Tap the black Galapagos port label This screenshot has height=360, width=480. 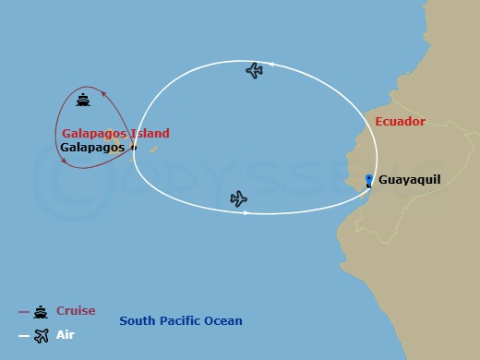pos(92,147)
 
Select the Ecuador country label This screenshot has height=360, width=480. pos(400,122)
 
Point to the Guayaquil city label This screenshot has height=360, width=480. pos(415,182)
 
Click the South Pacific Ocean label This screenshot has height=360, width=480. pos(181,321)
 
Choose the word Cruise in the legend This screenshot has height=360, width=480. pos(76,311)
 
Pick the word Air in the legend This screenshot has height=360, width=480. pos(66,335)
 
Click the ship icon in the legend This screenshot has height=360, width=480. pos(41,312)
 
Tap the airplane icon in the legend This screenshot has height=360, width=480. pos(42,336)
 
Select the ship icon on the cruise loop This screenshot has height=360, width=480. pos(83,101)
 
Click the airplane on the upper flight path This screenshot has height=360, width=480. pos(255,70)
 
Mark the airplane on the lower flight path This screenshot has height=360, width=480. pos(238,198)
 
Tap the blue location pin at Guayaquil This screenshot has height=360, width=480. pos(368,181)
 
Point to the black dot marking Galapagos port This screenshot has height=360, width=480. pos(134,147)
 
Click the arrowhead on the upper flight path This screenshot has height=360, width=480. pos(273,64)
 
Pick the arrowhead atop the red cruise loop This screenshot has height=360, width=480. pos(104,92)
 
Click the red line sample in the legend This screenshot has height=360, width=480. pos(23,312)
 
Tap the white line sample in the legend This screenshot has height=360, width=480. pos(23,336)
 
